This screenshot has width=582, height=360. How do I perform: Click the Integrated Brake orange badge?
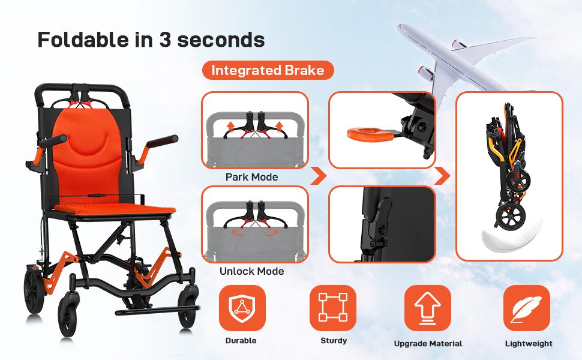(268, 70)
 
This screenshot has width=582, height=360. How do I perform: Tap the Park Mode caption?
(251, 177)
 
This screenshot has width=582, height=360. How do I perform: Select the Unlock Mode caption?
(251, 271)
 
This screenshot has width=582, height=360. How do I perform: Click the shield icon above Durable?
(242, 308)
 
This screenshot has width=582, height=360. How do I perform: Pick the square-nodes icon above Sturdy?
(333, 308)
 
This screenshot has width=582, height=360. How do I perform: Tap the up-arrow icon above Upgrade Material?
(428, 308)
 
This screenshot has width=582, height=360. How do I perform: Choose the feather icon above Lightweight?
(526, 308)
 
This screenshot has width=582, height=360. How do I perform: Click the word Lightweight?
(529, 344)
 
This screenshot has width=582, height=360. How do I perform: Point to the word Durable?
(241, 340)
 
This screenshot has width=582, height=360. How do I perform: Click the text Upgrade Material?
(428, 344)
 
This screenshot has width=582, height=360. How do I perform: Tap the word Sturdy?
(334, 340)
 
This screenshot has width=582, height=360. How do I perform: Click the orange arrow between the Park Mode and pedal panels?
(319, 176)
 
